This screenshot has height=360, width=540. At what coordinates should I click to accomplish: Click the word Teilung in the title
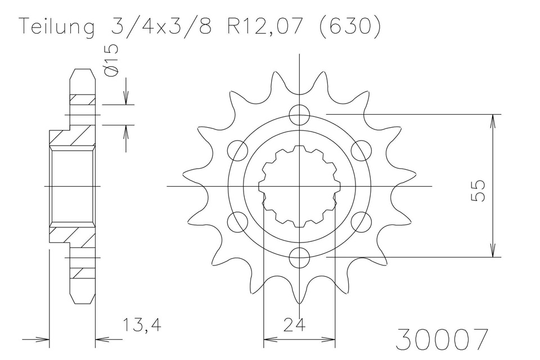(57, 28)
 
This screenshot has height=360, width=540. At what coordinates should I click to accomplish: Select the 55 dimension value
(478, 190)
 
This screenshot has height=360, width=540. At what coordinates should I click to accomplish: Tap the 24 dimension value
(300, 325)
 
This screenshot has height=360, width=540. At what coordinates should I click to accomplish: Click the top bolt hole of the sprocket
(300, 114)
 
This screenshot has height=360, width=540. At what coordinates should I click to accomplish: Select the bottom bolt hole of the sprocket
(300, 258)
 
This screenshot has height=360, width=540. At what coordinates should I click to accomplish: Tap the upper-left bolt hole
(238, 150)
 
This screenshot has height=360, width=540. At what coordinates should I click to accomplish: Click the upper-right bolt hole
(362, 150)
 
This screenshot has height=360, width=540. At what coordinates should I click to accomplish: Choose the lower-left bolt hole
(238, 222)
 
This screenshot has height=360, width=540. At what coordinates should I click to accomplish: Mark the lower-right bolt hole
(362, 222)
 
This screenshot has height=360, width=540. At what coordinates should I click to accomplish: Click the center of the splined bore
(300, 186)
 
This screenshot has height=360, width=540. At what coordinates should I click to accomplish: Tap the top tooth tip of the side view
(82, 70)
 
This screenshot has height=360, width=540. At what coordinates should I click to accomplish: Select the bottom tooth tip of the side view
(82, 301)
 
